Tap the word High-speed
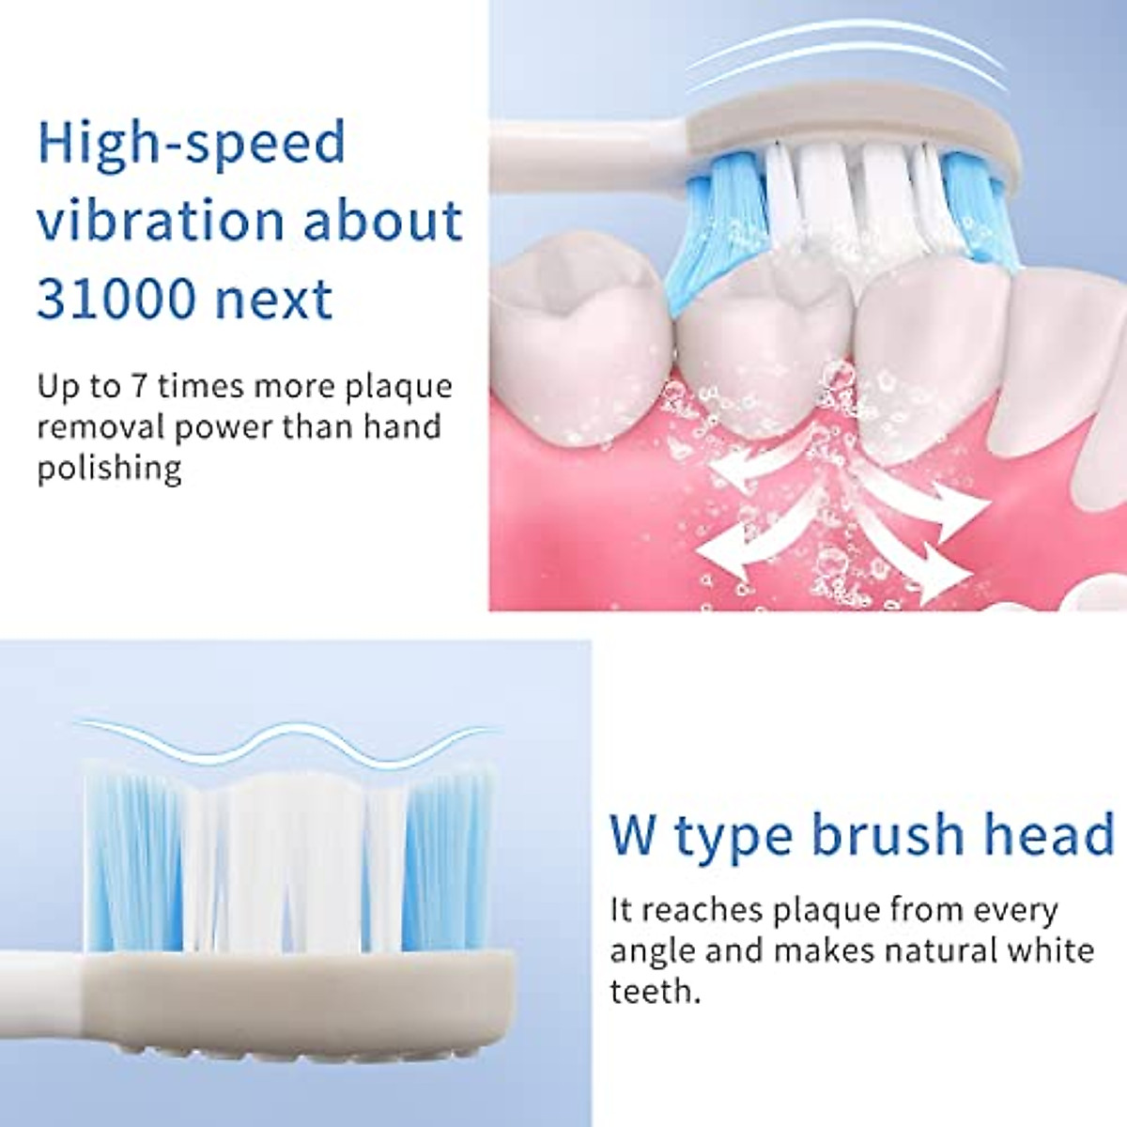pos(192,143)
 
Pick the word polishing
pos(109,468)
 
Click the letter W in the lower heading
pos(634,834)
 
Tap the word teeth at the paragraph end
pos(655,991)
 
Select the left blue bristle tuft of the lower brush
pos(131,855)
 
